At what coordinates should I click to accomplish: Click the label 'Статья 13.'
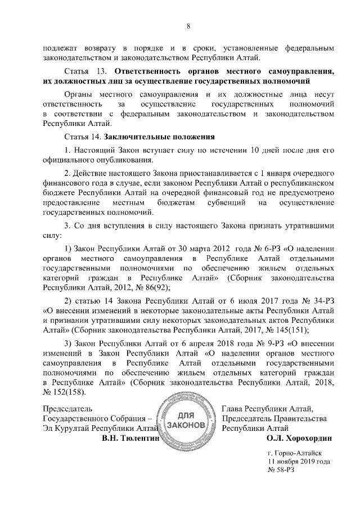[x=85, y=71]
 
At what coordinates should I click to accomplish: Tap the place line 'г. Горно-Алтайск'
[x=295, y=452]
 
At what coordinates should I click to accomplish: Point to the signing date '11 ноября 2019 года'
[x=299, y=461]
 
